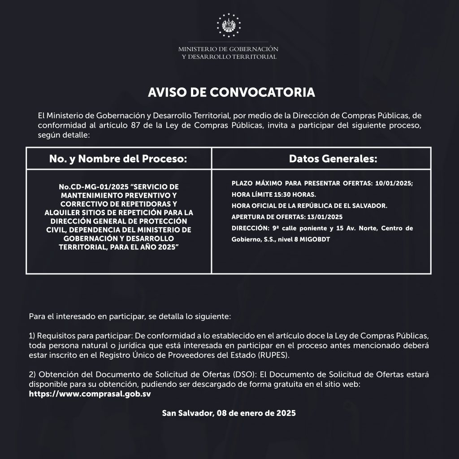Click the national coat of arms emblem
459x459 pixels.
[x=229, y=25]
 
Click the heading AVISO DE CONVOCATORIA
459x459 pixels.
[x=231, y=92]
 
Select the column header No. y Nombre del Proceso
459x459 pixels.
[x=118, y=159]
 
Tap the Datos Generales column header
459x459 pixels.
[x=320, y=159]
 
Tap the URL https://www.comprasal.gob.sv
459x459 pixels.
[x=90, y=394]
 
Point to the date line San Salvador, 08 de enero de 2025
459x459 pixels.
[x=229, y=413]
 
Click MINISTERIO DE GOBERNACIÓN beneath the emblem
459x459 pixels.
[x=228, y=49]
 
